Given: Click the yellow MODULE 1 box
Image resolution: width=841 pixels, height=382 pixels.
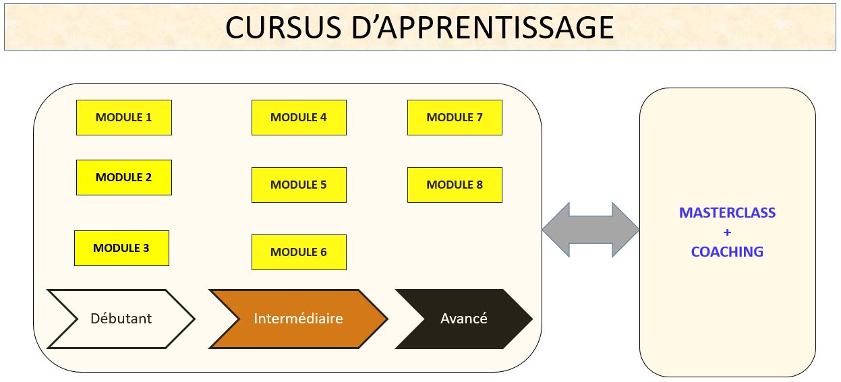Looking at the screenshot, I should [123, 117].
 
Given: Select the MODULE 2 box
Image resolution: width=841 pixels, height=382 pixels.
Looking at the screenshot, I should [123, 177].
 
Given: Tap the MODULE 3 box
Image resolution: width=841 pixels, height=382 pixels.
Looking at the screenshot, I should [121, 248].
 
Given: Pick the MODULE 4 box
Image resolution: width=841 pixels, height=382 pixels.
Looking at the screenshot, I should [299, 117].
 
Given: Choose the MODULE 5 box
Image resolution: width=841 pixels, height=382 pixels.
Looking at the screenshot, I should [299, 185].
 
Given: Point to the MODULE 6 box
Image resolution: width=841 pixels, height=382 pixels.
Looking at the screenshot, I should [299, 252].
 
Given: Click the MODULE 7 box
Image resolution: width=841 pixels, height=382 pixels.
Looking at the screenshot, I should [455, 117].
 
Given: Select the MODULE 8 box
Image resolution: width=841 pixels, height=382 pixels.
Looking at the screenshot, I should [455, 185].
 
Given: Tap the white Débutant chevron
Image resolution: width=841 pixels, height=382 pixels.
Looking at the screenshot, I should [121, 319].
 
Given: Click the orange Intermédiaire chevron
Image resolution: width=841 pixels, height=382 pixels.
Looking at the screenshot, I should [298, 319].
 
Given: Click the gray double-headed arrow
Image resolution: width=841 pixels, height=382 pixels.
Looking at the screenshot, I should [590, 230].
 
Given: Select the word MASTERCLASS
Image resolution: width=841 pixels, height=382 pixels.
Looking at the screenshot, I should [727, 213].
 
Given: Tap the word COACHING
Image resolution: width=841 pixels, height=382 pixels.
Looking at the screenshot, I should [727, 252].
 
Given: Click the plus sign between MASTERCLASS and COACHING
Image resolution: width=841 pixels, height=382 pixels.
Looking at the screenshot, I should [727, 232].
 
